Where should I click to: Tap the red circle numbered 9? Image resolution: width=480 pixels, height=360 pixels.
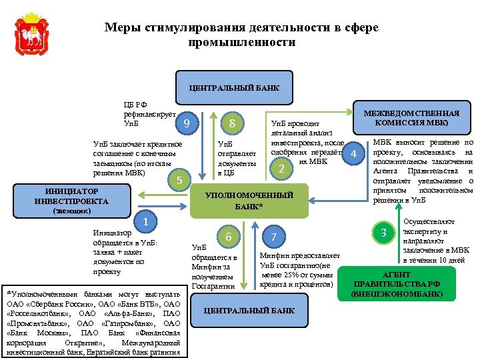pos(188,124)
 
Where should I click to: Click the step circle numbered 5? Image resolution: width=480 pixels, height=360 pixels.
pos(177,179)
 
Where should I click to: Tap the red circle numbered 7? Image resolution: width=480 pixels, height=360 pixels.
pos(273,237)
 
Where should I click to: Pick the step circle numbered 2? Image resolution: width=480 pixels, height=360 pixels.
pos(281,169)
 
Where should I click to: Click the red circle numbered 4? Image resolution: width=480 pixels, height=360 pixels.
pos(354,154)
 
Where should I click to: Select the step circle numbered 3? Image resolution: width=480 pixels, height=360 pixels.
pos(383,233)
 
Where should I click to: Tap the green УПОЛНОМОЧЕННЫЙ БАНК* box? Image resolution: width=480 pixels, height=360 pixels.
pos(250,201)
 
